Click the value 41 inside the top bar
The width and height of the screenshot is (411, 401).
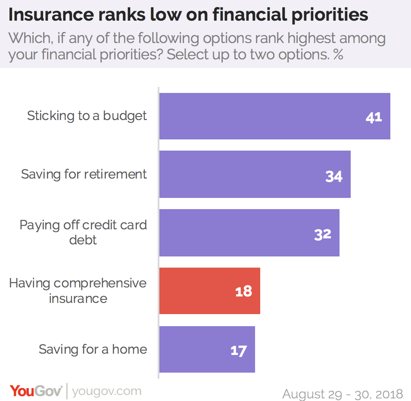tap(374, 117)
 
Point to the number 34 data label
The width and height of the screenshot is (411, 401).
tap(334, 176)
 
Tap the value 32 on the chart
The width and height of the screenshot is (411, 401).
tap(323, 234)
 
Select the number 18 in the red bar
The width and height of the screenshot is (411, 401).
tap(243, 292)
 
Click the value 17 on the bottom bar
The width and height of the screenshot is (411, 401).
tap(238, 351)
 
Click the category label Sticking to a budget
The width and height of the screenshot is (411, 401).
tap(87, 116)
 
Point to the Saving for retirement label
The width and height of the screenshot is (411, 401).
tap(84, 174)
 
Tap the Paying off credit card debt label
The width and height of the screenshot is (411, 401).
tap(83, 232)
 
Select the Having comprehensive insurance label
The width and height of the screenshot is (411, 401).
tap(78, 290)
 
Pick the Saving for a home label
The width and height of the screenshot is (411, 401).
tap(93, 349)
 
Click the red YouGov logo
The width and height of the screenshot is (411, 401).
tap(36, 392)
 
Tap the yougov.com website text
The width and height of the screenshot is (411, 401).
tap(106, 392)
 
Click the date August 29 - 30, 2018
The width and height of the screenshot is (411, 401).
tap(343, 394)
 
